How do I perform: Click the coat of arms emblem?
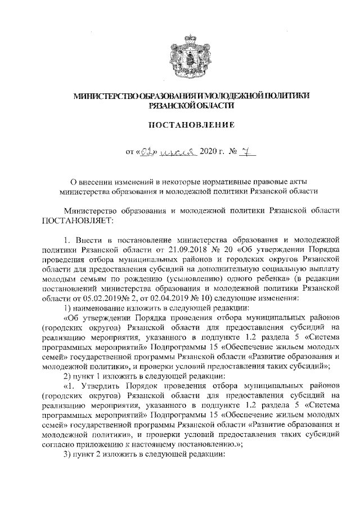181,53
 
